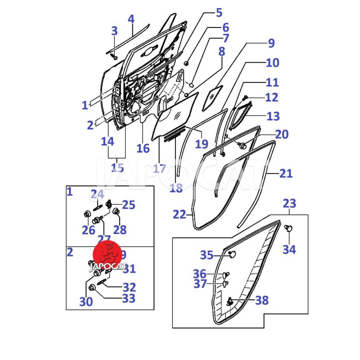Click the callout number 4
[131, 19]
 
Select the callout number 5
[219, 13]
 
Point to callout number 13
[273, 116]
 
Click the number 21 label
[286, 174]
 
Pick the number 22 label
[180, 215]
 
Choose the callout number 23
[289, 203]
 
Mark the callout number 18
[176, 188]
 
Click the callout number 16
[143, 148]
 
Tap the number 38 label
[261, 300]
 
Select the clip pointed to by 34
[288, 229]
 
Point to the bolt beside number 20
[242, 145]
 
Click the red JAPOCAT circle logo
[108, 254]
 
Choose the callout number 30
[86, 301]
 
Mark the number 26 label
[89, 230]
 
